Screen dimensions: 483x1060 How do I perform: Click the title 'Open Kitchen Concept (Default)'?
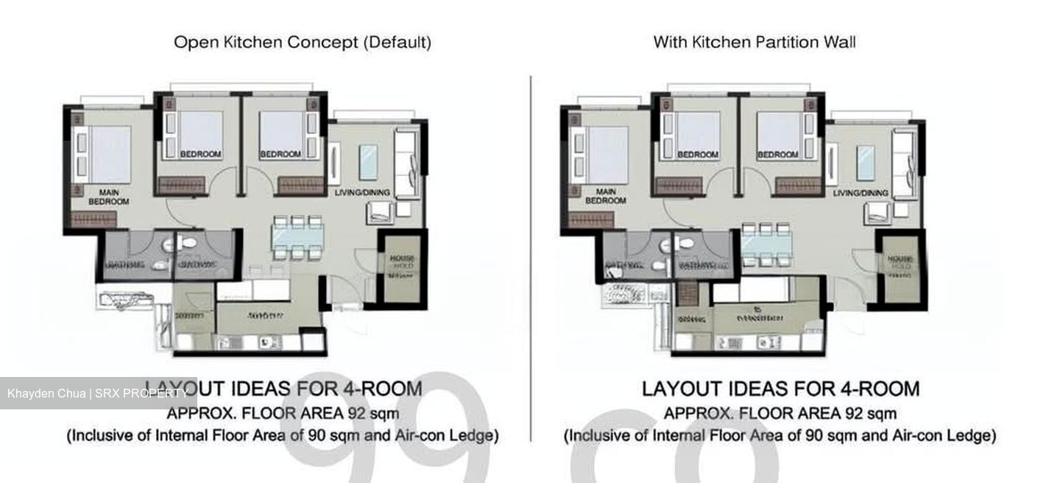[302, 42]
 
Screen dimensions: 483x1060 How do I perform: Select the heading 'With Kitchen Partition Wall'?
[755, 42]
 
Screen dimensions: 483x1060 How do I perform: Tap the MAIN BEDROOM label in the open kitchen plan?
[108, 197]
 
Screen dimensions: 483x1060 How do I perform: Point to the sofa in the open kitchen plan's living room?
[406, 162]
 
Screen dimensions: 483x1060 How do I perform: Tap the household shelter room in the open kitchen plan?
[401, 267]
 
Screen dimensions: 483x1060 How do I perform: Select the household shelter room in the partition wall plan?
[900, 267]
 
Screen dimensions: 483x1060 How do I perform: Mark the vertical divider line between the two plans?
[531, 258]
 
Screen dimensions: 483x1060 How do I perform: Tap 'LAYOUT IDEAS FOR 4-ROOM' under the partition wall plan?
[780, 388]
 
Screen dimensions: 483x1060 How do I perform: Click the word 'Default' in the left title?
[397, 42]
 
